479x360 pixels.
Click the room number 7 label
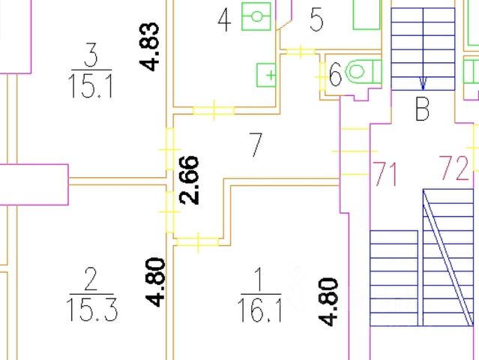(x=256, y=145)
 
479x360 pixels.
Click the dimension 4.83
(x=151, y=46)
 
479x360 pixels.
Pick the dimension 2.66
(x=190, y=179)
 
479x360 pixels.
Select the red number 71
(x=385, y=175)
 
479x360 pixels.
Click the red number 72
(x=454, y=168)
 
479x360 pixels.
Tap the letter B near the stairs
(x=422, y=111)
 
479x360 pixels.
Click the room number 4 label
(x=223, y=20)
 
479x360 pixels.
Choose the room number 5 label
(x=316, y=20)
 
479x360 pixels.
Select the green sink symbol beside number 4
(x=257, y=15)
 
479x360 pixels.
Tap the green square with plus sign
(x=267, y=75)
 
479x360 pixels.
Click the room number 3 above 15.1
(x=91, y=55)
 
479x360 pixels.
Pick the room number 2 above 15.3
(x=91, y=279)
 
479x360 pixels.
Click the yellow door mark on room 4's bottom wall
(x=214, y=111)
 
